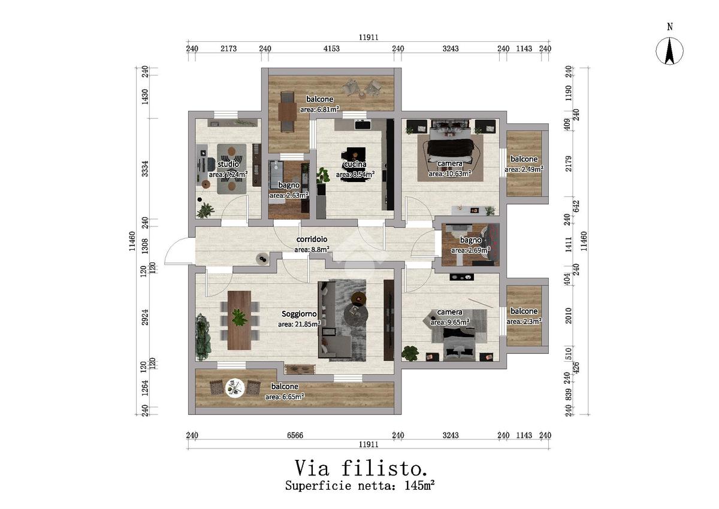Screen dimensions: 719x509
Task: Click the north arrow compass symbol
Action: (x=670, y=51)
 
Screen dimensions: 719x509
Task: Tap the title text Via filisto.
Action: (x=360, y=467)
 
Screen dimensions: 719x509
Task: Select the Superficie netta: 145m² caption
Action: (x=359, y=485)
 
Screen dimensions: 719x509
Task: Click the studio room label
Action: (x=228, y=164)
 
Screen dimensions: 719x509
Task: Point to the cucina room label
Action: (x=355, y=165)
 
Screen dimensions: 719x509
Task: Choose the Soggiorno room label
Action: (x=299, y=313)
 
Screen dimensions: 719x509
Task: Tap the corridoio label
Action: (x=312, y=240)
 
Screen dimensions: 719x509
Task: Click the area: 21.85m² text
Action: (x=299, y=324)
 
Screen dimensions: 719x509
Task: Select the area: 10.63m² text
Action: (x=449, y=174)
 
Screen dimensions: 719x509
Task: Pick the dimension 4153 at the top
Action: (x=331, y=49)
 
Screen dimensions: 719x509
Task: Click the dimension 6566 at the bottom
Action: (x=294, y=435)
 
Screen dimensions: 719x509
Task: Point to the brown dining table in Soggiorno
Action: (x=240, y=319)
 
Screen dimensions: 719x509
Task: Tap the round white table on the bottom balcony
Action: (x=234, y=389)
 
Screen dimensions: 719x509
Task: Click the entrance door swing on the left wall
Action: (x=176, y=252)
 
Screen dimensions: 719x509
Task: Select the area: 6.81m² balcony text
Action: (x=320, y=110)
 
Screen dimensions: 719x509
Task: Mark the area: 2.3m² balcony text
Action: (x=524, y=322)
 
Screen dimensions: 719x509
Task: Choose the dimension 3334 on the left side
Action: (x=144, y=172)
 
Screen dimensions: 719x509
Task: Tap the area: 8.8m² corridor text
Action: (x=312, y=249)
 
